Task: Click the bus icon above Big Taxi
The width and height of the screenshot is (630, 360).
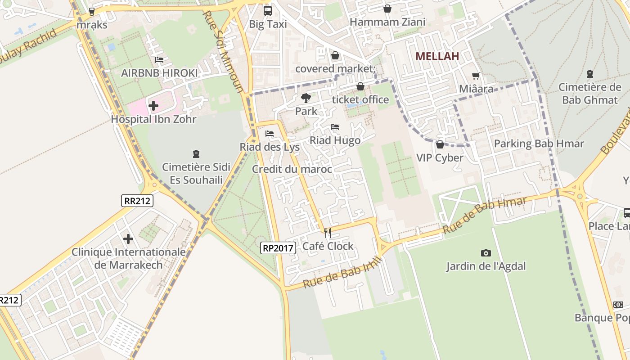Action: [267, 10]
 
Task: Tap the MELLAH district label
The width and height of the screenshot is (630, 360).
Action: [437, 56]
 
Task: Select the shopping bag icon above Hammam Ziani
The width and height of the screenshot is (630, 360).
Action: [387, 9]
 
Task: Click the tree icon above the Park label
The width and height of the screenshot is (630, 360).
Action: [306, 98]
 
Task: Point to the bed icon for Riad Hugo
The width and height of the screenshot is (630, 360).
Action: [335, 127]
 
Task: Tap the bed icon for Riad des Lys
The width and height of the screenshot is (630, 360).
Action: [270, 134]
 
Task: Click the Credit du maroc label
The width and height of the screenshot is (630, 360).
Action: [292, 169]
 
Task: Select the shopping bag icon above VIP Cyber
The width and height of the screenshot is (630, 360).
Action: [440, 144]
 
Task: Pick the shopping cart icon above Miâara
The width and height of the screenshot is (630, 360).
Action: [476, 76]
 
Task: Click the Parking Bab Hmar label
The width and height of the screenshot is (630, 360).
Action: [539, 144]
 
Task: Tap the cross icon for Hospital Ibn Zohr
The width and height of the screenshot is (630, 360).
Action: [153, 106]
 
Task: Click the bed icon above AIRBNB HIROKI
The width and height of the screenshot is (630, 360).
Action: [159, 59]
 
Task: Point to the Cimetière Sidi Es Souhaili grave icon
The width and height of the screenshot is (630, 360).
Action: [196, 154]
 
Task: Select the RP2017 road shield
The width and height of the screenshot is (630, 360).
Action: [278, 247]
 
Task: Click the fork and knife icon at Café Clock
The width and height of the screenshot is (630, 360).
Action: [328, 233]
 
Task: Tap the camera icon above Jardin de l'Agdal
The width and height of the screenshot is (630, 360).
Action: [486, 253]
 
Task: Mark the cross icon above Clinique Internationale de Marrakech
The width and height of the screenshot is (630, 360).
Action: [128, 238]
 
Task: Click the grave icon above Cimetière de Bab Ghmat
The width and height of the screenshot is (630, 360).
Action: [589, 74]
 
